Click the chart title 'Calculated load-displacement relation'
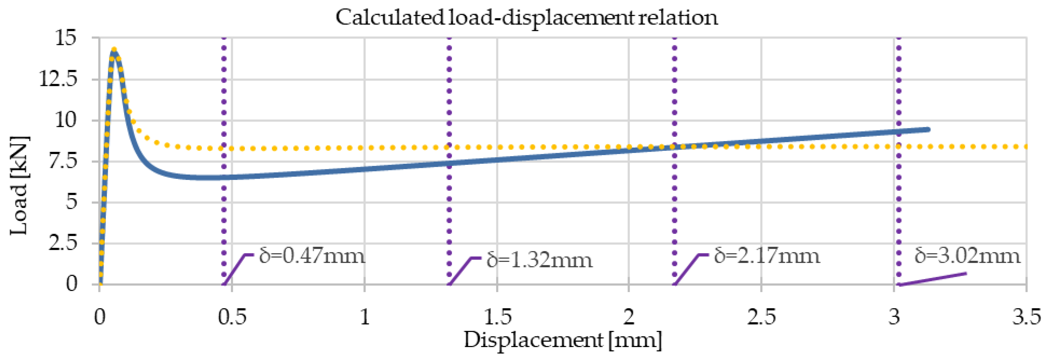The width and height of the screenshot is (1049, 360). [x=526, y=18]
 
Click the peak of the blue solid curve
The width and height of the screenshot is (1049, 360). [x=114, y=51]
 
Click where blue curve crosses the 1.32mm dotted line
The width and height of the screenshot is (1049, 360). [x=449, y=163]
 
